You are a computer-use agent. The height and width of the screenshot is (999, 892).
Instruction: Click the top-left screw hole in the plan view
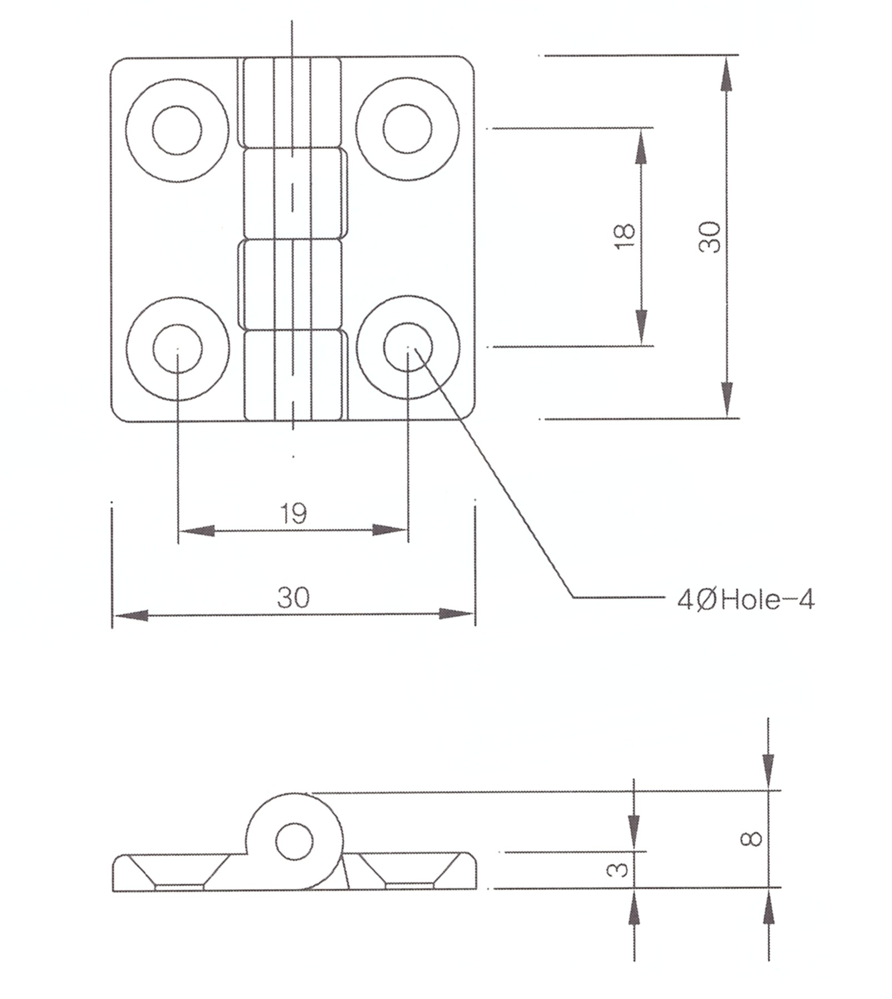[177, 130]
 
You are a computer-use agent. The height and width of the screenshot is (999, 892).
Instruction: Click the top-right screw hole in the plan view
[408, 129]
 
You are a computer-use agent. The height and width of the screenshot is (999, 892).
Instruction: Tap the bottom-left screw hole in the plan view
[177, 348]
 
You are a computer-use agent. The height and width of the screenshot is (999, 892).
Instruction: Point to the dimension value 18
[625, 237]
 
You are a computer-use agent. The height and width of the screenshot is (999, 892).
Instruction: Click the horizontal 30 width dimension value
[294, 598]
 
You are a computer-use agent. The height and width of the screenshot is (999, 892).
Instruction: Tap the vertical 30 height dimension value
[709, 237]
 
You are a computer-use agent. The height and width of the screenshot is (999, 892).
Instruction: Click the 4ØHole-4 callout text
[746, 600]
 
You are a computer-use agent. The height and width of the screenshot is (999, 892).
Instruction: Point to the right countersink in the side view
[410, 871]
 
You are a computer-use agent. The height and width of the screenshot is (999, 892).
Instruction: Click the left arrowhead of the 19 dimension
[197, 530]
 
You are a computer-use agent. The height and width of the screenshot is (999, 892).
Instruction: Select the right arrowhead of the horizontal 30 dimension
[456, 614]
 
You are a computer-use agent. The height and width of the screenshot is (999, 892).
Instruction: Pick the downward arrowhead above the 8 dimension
[768, 771]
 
